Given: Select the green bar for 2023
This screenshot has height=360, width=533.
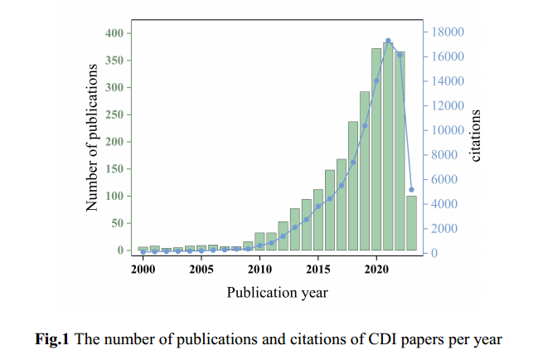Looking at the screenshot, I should click(411, 223).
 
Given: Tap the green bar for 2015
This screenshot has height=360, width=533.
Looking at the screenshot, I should click(318, 220).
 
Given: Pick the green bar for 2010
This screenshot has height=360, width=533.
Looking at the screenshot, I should click(259, 241).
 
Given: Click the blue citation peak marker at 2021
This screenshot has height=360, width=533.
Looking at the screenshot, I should click(388, 41).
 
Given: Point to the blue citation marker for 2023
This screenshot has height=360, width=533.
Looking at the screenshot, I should click(411, 190).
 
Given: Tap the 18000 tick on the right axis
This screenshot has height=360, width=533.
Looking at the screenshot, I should click(447, 32).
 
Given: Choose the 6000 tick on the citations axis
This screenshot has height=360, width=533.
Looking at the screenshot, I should click(444, 179).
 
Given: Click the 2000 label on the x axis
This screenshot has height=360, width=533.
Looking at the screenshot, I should click(143, 269).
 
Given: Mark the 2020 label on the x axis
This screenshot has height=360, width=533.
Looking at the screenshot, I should click(376, 269).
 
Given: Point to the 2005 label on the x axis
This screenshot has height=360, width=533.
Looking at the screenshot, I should click(201, 269).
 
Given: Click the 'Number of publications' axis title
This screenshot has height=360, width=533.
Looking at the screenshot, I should click(93, 137).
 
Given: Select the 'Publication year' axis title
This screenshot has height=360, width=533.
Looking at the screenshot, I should click(277, 292).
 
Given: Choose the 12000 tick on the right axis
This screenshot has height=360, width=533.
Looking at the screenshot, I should click(447, 105).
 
